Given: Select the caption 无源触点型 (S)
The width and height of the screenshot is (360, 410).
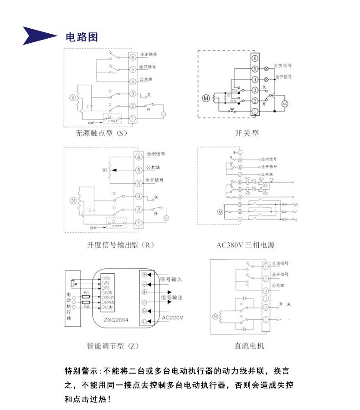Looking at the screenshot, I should pyautogui.click(x=102, y=134).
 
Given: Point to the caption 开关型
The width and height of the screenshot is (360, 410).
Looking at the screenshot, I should pyautogui.click(x=247, y=133).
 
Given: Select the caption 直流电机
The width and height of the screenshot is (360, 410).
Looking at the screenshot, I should pyautogui.click(x=249, y=346).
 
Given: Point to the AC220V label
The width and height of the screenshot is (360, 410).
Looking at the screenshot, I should pyautogui.click(x=173, y=318).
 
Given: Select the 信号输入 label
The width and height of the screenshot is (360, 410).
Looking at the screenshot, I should pyautogui.click(x=171, y=279).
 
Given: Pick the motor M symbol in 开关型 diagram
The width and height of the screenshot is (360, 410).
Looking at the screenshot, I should pyautogui.click(x=206, y=98).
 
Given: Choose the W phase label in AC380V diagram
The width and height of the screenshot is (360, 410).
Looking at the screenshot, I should pyautogui.click(x=295, y=205).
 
